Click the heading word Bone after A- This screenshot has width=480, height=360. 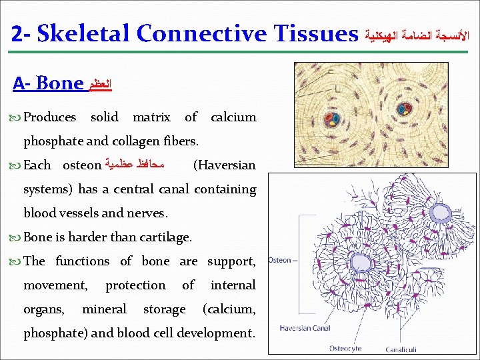(x=60, y=84)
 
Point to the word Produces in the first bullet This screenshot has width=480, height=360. (x=50, y=117)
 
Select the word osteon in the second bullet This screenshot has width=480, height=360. (x=81, y=165)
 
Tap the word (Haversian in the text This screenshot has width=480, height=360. (x=224, y=165)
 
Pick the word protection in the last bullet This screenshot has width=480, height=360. (x=135, y=285)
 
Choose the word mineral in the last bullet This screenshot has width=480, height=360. (x=103, y=309)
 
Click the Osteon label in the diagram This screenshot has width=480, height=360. (x=279, y=260)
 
